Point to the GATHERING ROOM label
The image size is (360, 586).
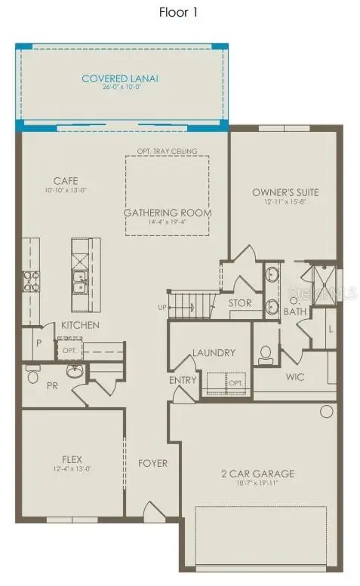click(x=168, y=213)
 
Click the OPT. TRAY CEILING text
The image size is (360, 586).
click(x=167, y=152)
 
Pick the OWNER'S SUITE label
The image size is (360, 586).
click(x=285, y=192)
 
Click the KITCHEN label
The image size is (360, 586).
click(x=80, y=325)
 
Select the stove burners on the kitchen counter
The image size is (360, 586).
click(x=32, y=281)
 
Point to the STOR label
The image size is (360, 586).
click(x=241, y=303)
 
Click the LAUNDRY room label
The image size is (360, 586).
click(x=214, y=352)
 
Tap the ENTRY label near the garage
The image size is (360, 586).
click(x=182, y=380)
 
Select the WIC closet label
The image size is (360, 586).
click(x=295, y=376)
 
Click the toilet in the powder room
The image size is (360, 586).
click(x=32, y=376)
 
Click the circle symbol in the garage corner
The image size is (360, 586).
click(x=326, y=412)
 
